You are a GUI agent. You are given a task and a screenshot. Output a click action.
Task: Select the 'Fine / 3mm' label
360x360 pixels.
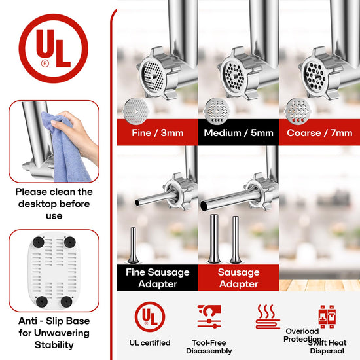tap(158, 133)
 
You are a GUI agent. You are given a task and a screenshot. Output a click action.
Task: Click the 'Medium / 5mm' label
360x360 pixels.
tap(238, 133)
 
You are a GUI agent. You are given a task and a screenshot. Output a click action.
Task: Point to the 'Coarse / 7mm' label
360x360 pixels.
tap(319, 133)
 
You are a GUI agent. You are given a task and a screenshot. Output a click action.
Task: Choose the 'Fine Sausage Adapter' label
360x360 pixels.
tap(158, 278)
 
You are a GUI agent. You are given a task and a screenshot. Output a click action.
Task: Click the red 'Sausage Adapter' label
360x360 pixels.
tap(238, 278)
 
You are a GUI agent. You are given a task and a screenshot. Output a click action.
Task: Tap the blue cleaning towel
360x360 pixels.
tap(64, 147)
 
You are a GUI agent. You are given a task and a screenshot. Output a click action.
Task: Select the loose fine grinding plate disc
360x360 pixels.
tap(135, 111)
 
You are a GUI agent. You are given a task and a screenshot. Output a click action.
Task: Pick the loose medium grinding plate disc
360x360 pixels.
tap(216, 111)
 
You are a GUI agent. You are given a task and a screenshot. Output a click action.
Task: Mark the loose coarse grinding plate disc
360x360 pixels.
tap(298, 111)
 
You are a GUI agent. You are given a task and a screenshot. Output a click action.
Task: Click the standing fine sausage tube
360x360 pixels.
tap(133, 245)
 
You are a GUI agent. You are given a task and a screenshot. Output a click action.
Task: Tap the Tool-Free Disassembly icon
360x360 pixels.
tap(209, 317)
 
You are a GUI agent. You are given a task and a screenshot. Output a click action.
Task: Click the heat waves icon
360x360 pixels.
tap(268, 317)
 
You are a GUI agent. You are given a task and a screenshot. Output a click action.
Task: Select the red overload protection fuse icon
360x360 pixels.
tap(327, 317)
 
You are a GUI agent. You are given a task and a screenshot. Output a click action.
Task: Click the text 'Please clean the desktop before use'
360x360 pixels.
tap(54, 204)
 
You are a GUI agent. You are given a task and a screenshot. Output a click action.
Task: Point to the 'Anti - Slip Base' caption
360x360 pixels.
tap(54, 321)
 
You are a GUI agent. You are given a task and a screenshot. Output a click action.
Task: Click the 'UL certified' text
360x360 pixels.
tap(150, 342)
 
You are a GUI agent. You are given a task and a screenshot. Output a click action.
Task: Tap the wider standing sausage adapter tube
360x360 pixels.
tap(214, 239)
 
